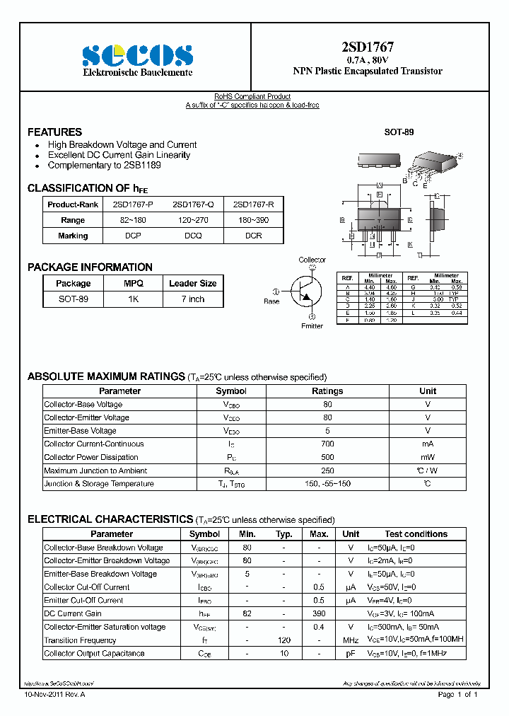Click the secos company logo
[137, 55]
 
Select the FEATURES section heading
[54, 132]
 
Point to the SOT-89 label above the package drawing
[399, 132]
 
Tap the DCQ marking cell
[193, 236]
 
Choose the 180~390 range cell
[253, 220]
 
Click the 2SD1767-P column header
[133, 204]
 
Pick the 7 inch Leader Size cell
[192, 299]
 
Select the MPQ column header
[134, 284]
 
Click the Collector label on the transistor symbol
[312, 260]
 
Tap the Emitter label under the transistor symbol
[312, 326]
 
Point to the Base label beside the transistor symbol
[271, 301]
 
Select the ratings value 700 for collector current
[327, 444]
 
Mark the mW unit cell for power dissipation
[427, 458]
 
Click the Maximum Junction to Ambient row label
[95, 471]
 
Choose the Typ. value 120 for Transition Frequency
[283, 640]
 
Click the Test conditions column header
[416, 534]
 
